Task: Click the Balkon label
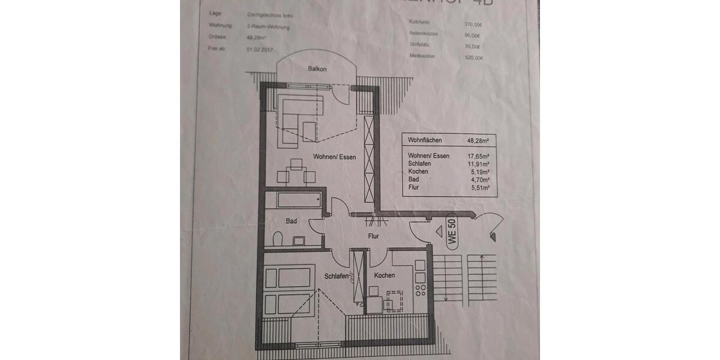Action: tap(317, 69)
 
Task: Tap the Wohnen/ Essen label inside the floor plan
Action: tap(334, 157)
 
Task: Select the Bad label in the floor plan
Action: tap(291, 221)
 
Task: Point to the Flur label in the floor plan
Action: tap(374, 236)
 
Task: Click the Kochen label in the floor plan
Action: tap(384, 275)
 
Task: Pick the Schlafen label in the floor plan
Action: tap(337, 277)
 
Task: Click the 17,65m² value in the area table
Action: tap(478, 156)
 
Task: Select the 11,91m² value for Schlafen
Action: tap(478, 164)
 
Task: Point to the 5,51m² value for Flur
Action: tap(479, 187)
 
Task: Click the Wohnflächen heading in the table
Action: tap(425, 140)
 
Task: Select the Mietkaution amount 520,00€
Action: tap(473, 58)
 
